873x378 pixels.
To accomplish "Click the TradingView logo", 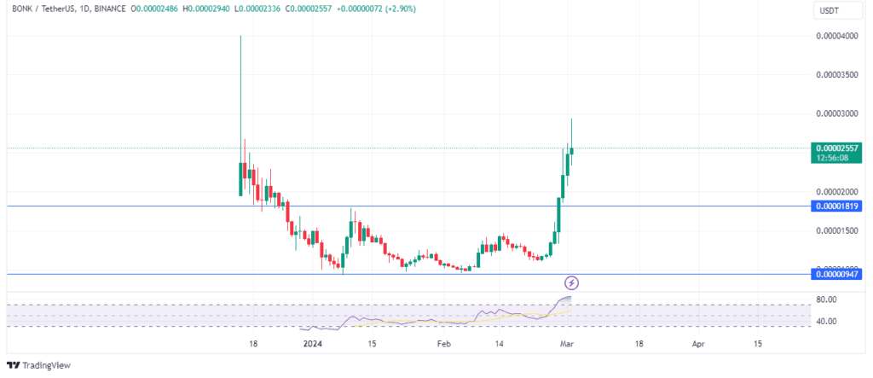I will tap(41, 366).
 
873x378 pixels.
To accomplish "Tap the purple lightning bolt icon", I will tap(572, 282).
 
